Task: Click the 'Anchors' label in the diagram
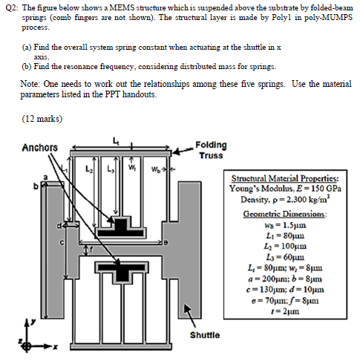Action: (40, 146)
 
